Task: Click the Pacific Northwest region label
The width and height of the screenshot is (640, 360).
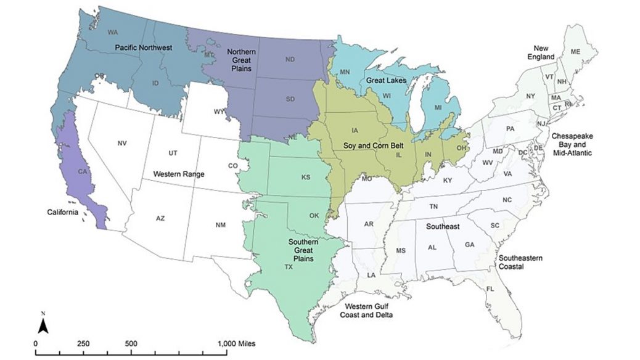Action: coord(143,47)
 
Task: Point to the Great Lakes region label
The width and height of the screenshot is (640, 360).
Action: coord(385,80)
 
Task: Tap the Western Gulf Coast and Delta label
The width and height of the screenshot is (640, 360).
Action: coord(369,311)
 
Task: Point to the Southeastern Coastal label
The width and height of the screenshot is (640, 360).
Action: coord(521,262)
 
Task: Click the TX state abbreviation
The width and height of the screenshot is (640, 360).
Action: coord(288,267)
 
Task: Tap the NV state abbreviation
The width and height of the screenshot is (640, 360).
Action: coord(121,144)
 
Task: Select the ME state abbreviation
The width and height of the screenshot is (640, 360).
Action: coord(575,52)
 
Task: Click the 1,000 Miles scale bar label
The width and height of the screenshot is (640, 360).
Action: coord(237,343)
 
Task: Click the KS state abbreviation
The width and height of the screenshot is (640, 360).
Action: coord(305,178)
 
